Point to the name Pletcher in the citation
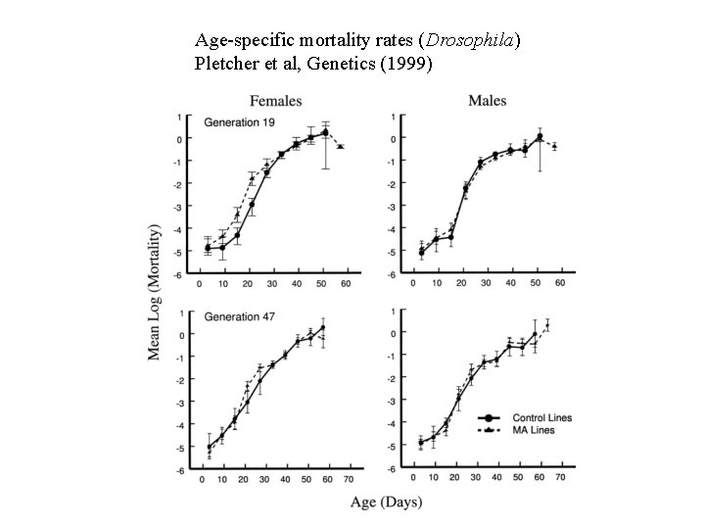point(226,64)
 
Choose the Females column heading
point(276,100)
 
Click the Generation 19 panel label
point(240,122)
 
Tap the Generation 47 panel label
point(240,317)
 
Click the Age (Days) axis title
point(389,503)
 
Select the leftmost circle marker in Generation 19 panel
point(207,248)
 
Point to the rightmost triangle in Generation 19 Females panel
point(341,146)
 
